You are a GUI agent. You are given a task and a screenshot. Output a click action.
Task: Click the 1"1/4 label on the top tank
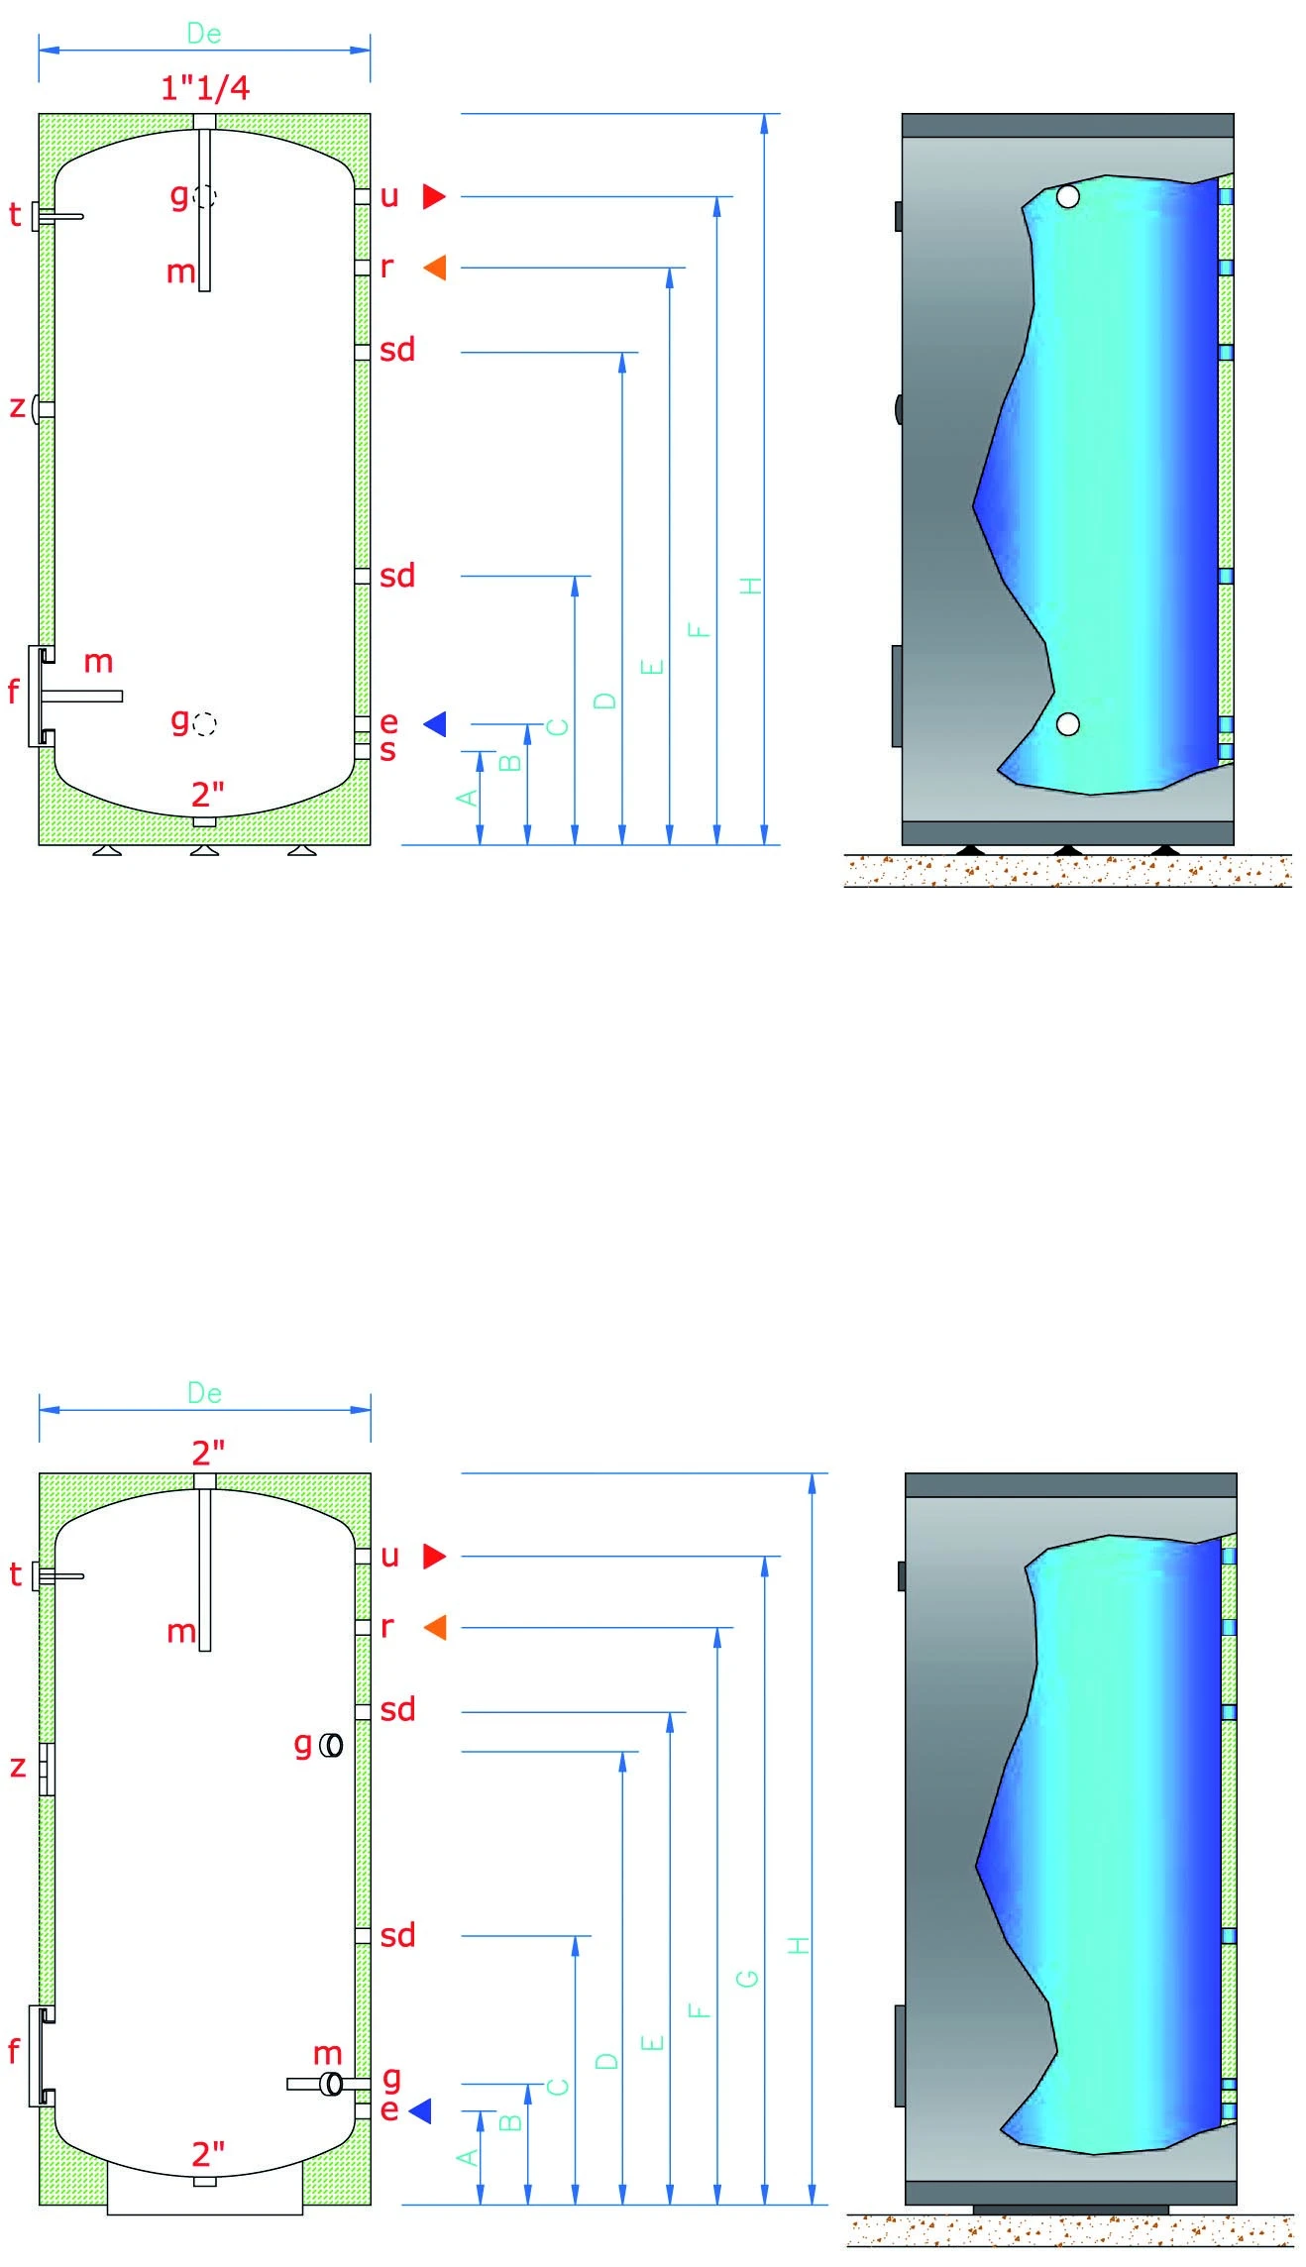point(205,88)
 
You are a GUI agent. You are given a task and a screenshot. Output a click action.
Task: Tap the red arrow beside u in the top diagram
point(434,196)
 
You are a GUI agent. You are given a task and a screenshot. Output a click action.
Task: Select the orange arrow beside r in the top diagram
point(435,268)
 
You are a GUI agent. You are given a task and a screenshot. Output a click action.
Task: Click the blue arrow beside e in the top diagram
point(435,724)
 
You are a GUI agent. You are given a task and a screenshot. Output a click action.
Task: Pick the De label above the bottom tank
point(204,1393)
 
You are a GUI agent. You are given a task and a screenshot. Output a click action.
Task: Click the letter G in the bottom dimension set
point(748,1978)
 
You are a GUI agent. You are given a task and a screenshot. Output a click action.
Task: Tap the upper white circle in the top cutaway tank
point(1067,196)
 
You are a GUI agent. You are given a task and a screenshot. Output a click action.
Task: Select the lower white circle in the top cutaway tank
point(1067,724)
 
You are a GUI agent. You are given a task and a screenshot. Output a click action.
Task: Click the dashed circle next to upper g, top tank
point(204,196)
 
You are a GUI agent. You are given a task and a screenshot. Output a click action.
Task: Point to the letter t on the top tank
point(15,215)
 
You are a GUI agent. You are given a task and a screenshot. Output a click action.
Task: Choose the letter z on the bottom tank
point(17,1767)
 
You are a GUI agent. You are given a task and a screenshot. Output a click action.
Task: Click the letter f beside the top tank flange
point(13,691)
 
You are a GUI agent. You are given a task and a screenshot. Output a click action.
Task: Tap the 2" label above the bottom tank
point(208,1454)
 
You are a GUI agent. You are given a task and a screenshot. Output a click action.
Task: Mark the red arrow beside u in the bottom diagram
point(434,1557)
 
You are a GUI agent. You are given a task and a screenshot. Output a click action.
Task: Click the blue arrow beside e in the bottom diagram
point(421,2110)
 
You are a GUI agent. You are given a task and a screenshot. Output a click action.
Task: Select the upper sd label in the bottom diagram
point(397,1710)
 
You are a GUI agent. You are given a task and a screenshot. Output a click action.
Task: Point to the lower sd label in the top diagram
point(397,576)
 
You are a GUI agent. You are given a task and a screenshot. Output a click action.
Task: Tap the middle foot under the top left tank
point(204,850)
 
